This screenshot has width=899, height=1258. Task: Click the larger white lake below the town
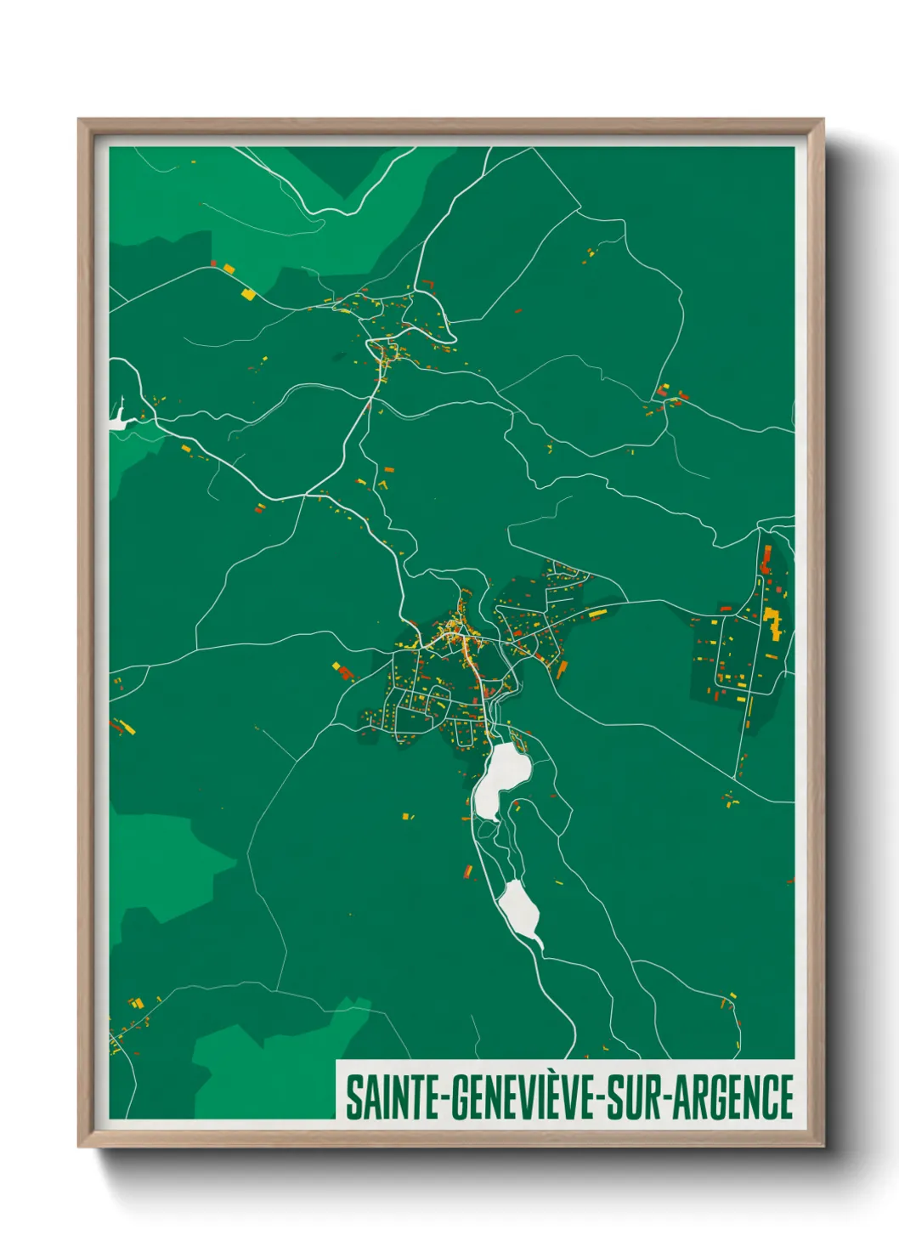(x=500, y=778)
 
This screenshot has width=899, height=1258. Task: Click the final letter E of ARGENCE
(x=786, y=1097)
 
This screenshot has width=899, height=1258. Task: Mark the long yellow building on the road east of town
(x=597, y=612)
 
